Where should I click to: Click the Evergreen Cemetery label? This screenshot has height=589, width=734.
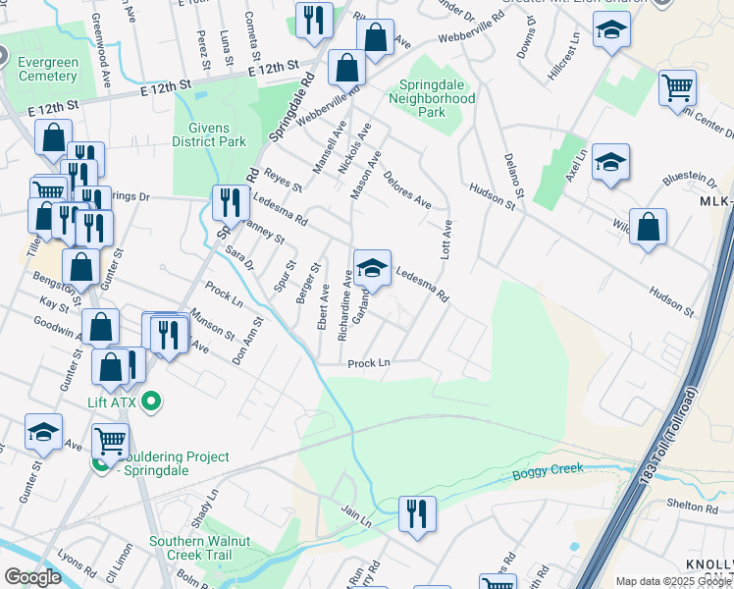coord(48,70)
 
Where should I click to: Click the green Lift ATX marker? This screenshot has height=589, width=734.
coord(151,400)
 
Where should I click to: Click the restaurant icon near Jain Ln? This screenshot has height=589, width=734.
coord(417,514)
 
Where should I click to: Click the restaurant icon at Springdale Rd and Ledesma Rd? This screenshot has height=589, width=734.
coord(231,202)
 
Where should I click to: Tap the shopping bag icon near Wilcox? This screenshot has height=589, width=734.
coord(648,228)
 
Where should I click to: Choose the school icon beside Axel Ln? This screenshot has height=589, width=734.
coord(610,163)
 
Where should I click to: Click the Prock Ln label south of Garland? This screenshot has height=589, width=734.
coord(370,363)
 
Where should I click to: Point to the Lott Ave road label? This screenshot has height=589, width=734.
coord(446,239)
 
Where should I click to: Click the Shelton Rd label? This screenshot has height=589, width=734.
coord(698,508)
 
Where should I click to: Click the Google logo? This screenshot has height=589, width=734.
coord(32,577)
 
